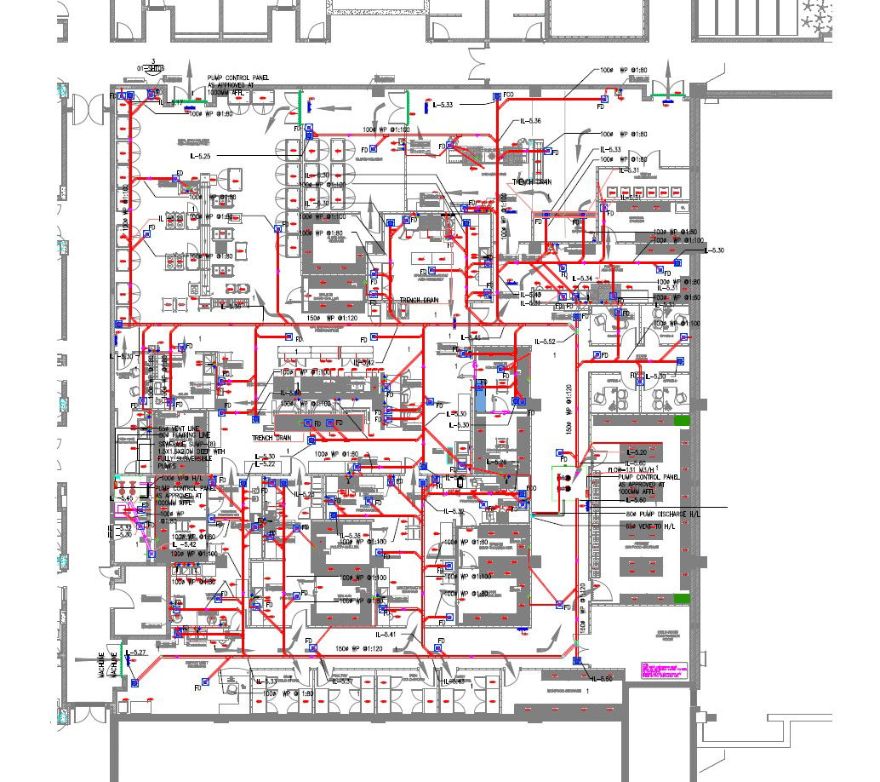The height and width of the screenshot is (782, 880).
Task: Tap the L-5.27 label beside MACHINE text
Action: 136,653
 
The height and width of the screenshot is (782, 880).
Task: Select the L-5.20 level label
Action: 637,451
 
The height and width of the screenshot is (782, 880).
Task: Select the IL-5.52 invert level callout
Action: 546,342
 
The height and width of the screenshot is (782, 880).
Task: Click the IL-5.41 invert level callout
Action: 386,634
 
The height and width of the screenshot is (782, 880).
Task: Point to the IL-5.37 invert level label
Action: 340,681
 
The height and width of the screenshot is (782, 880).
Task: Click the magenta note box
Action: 662,670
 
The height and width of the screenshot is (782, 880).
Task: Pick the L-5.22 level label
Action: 262,463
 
